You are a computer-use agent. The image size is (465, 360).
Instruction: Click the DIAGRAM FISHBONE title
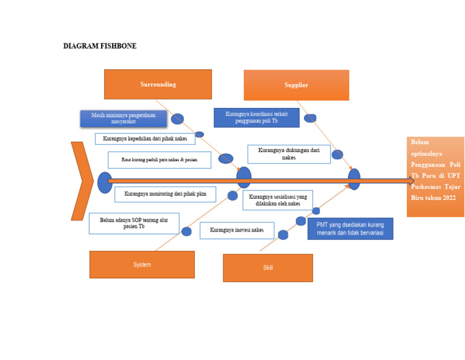(x=100, y=46)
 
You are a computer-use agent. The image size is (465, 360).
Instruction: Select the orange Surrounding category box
(x=158, y=84)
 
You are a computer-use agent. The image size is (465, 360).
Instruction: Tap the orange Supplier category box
(x=296, y=85)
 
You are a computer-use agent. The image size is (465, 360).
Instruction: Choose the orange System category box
(x=142, y=265)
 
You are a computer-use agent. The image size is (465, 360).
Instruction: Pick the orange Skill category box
(x=268, y=268)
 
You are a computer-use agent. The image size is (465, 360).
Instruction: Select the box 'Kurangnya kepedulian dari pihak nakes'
(x=145, y=139)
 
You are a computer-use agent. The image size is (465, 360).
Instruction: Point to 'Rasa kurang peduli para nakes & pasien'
(x=159, y=160)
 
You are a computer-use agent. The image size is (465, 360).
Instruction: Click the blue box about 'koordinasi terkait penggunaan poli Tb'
(x=256, y=118)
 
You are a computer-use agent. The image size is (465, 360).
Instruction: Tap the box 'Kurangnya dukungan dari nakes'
(x=289, y=154)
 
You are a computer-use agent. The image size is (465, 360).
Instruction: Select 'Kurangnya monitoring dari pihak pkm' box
(x=165, y=195)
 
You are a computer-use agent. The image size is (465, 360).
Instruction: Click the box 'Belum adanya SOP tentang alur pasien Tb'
(x=134, y=223)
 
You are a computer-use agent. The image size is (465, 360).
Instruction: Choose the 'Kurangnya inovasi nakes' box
(x=236, y=230)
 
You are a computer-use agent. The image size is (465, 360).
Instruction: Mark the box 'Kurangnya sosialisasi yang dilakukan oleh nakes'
(x=277, y=201)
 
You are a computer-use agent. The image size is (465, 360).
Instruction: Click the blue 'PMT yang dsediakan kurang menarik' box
(x=350, y=228)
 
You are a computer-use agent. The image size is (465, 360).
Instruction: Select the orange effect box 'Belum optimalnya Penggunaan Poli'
(x=435, y=176)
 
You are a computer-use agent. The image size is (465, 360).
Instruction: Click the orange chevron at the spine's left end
(x=81, y=181)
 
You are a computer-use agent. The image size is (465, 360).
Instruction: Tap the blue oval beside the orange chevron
(x=105, y=182)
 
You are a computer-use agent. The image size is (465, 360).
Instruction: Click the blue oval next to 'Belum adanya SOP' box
(x=186, y=232)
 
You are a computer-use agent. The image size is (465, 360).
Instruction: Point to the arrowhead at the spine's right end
(x=411, y=180)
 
